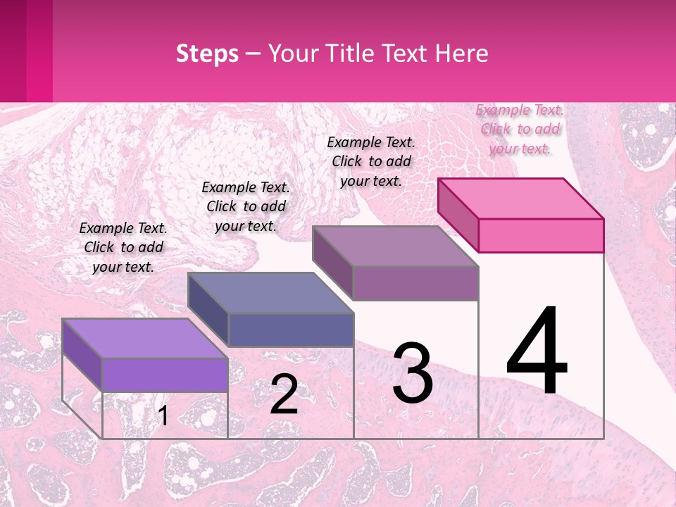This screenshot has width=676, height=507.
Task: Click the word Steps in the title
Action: point(207,54)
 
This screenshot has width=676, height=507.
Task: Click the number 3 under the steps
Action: point(413,374)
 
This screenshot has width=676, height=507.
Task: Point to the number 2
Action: point(284,394)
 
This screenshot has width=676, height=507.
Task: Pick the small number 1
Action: point(163,415)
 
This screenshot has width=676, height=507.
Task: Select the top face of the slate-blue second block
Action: point(270,292)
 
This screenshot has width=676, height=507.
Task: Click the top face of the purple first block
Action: point(145,339)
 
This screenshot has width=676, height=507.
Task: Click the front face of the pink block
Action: point(541,235)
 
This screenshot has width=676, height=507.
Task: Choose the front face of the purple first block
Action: point(165,374)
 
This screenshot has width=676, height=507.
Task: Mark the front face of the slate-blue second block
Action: point(290,329)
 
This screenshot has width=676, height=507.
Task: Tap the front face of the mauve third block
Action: point(415,282)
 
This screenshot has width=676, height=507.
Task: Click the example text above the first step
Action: point(123,247)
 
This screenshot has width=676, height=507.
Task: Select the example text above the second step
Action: point(246,206)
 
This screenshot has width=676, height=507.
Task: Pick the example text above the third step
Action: point(371,161)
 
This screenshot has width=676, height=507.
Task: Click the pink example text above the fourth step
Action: point(520,129)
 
